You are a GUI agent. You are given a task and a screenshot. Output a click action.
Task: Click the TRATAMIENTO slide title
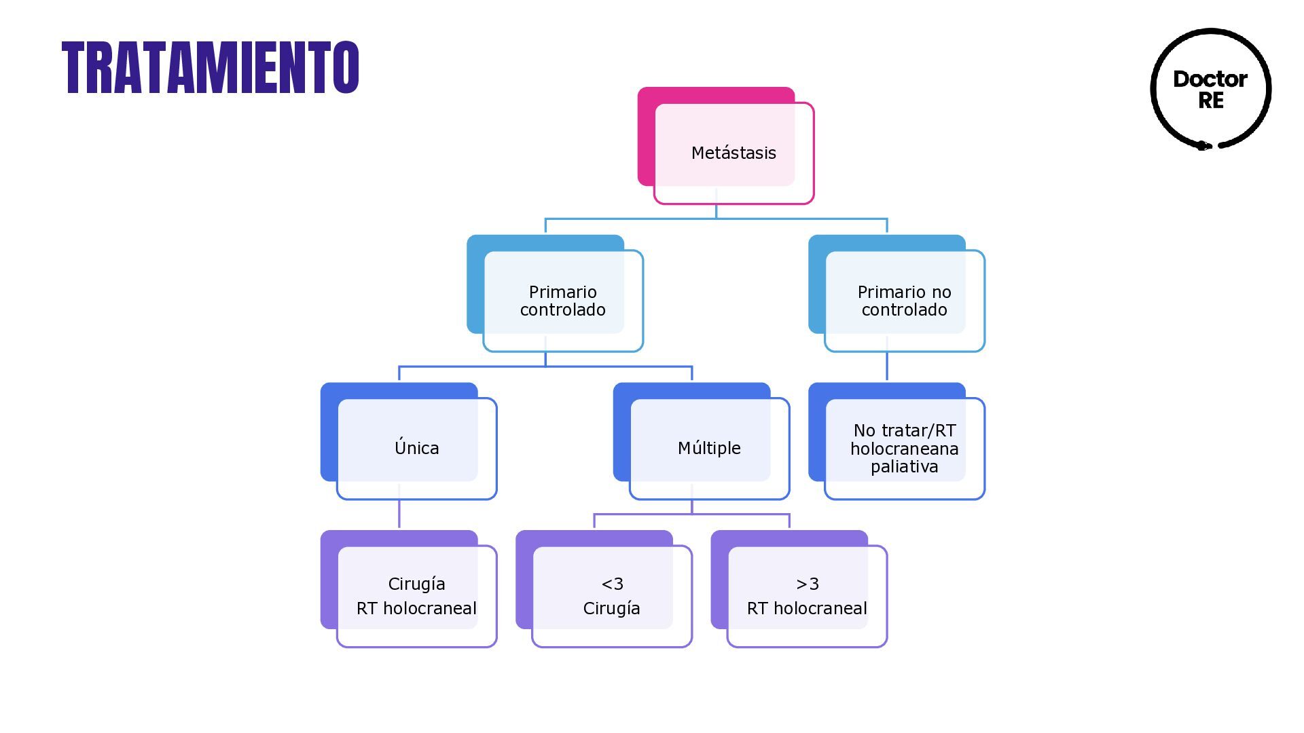tap(210, 67)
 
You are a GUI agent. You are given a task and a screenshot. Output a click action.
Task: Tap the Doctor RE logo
tap(1210, 89)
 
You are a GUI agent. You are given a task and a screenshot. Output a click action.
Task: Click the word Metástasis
tap(733, 153)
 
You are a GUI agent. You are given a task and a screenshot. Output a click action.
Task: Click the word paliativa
tap(904, 467)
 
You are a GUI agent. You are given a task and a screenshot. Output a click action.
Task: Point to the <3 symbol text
tap(612, 584)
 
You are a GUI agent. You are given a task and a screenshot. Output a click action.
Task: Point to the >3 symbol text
tap(808, 584)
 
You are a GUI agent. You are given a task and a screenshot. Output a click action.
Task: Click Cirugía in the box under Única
tap(416, 584)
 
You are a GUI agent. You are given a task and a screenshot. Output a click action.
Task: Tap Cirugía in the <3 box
tap(611, 608)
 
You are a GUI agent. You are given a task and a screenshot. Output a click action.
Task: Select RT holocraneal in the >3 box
tap(807, 608)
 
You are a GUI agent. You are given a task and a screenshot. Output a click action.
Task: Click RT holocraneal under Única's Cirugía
tap(416, 608)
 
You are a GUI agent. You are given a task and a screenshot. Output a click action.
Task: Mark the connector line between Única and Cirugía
tap(399, 514)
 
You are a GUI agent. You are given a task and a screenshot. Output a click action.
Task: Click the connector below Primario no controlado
tap(887, 367)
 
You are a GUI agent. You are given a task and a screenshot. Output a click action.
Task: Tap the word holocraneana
tap(904, 449)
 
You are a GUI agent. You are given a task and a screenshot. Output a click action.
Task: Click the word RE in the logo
tap(1211, 100)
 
